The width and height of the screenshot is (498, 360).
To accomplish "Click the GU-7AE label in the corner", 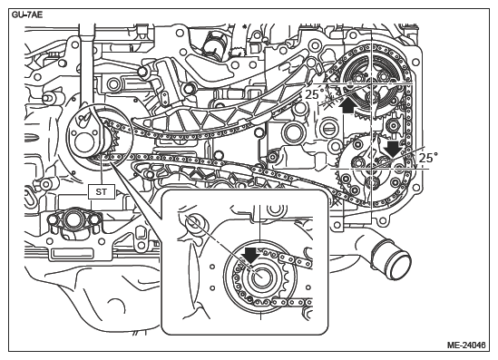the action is [x=27, y=15].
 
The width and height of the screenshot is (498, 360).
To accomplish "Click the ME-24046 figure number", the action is [x=466, y=345].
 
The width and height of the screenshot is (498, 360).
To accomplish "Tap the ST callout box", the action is [x=102, y=191].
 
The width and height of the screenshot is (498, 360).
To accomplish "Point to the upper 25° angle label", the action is [x=315, y=94].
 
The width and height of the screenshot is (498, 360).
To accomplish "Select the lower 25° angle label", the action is [x=428, y=158].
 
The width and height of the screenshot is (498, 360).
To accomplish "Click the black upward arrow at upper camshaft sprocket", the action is [x=347, y=105].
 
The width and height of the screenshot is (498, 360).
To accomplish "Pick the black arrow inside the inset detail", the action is [x=250, y=256].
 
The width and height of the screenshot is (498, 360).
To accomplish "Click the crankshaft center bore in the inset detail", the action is [x=261, y=277].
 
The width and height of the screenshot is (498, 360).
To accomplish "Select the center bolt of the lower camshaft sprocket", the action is [x=371, y=182].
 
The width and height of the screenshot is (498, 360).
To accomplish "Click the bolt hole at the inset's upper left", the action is [x=194, y=222].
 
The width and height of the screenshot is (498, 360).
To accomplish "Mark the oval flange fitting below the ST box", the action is [x=73, y=219].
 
